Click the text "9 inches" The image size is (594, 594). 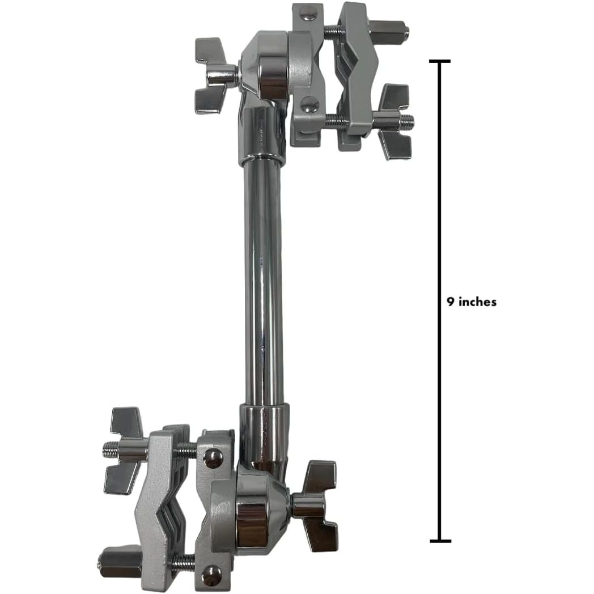click(x=471, y=302)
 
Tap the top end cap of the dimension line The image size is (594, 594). click(x=439, y=61)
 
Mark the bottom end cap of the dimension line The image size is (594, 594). click(x=440, y=541)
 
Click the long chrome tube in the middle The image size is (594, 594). click(x=264, y=284)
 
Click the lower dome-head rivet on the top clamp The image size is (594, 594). click(x=310, y=105)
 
